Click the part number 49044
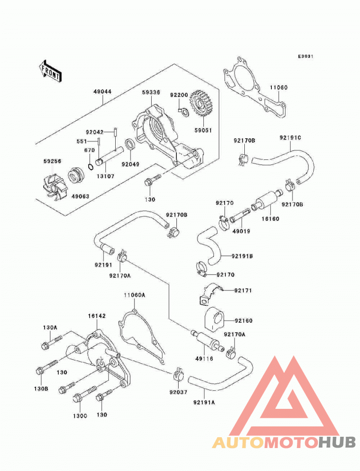(x=103, y=91)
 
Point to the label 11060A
(x=135, y=295)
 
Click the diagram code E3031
(x=306, y=56)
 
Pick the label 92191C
(x=290, y=138)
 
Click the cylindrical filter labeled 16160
(x=266, y=200)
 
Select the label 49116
(x=204, y=358)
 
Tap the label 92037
(x=178, y=392)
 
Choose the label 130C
(x=80, y=416)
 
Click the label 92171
(x=243, y=290)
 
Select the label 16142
(x=97, y=316)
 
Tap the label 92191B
(x=242, y=256)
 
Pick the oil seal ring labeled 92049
(x=130, y=145)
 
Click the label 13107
(x=105, y=177)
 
